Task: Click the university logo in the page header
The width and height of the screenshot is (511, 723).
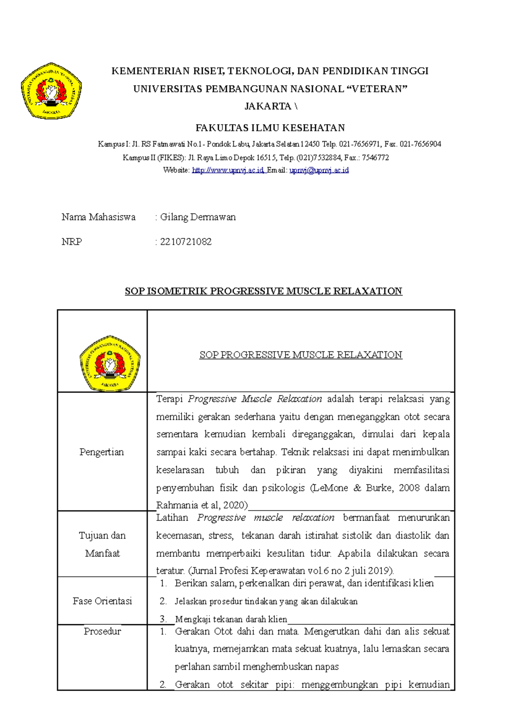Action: (x=51, y=91)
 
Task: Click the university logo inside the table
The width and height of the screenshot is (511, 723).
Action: (x=110, y=363)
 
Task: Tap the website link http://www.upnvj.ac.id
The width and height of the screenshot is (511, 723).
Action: (x=228, y=170)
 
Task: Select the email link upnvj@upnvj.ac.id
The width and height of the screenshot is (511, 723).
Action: (x=319, y=170)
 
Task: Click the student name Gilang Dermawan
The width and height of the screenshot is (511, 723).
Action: (x=198, y=217)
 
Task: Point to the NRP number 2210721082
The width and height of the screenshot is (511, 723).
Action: (x=186, y=242)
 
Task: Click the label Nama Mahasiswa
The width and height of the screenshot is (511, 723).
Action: (x=98, y=217)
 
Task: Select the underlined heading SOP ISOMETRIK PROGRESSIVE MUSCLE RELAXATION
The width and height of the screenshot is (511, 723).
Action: (x=263, y=291)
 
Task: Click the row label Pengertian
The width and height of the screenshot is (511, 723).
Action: (x=102, y=452)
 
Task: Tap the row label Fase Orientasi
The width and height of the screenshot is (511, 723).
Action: (x=102, y=601)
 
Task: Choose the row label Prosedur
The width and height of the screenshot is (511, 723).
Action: (x=102, y=631)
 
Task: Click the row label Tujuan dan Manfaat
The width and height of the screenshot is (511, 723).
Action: (x=102, y=544)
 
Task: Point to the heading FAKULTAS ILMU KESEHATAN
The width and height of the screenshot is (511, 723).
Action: (x=270, y=128)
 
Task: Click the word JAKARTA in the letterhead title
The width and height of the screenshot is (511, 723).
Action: (x=267, y=106)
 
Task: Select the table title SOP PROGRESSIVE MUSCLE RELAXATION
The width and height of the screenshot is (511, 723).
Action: (x=301, y=355)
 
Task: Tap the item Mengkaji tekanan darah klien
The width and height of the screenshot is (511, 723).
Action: (x=231, y=619)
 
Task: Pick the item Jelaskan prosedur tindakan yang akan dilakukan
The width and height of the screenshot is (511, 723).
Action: (x=266, y=601)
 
